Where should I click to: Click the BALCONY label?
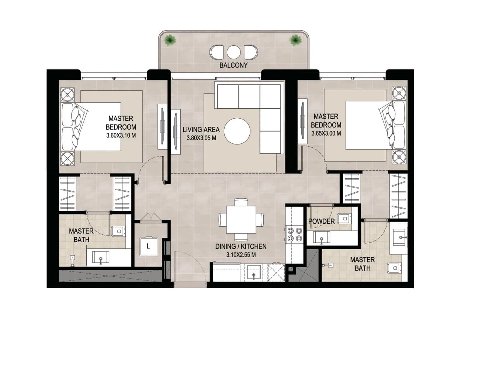(233, 65)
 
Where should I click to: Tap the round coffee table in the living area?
(237, 131)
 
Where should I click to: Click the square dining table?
(241, 220)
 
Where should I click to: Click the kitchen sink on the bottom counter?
(254, 273)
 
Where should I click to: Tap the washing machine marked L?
(149, 246)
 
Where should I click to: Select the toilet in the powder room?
(344, 219)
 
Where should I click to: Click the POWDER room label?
(322, 221)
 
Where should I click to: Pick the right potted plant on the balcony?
(295, 40)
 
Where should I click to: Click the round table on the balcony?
(233, 52)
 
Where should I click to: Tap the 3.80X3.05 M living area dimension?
(201, 138)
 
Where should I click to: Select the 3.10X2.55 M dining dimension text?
(241, 255)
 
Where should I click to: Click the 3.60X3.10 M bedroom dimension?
(121, 136)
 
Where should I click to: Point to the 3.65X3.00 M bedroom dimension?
(326, 133)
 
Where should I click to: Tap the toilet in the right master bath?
(394, 268)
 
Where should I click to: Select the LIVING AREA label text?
(201, 130)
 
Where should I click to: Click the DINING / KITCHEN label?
(241, 247)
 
